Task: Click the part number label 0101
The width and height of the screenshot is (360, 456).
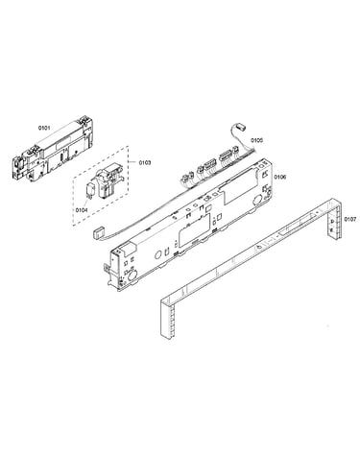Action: pos(44,128)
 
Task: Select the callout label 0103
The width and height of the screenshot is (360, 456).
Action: pos(145,163)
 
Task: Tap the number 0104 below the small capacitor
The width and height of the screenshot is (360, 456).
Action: pos(82,210)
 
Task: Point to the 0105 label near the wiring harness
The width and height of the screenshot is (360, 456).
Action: pos(256,140)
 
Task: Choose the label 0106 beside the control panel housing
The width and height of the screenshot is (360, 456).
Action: pos(280,177)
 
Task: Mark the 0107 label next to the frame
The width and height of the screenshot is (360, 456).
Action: pos(349,219)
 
